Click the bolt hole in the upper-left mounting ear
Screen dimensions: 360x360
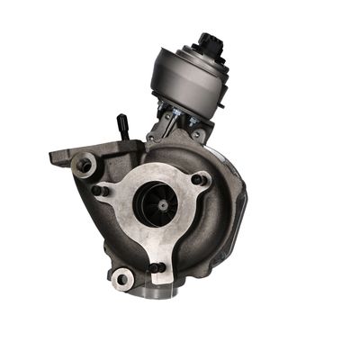85,165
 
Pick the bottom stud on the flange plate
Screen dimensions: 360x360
155,266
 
